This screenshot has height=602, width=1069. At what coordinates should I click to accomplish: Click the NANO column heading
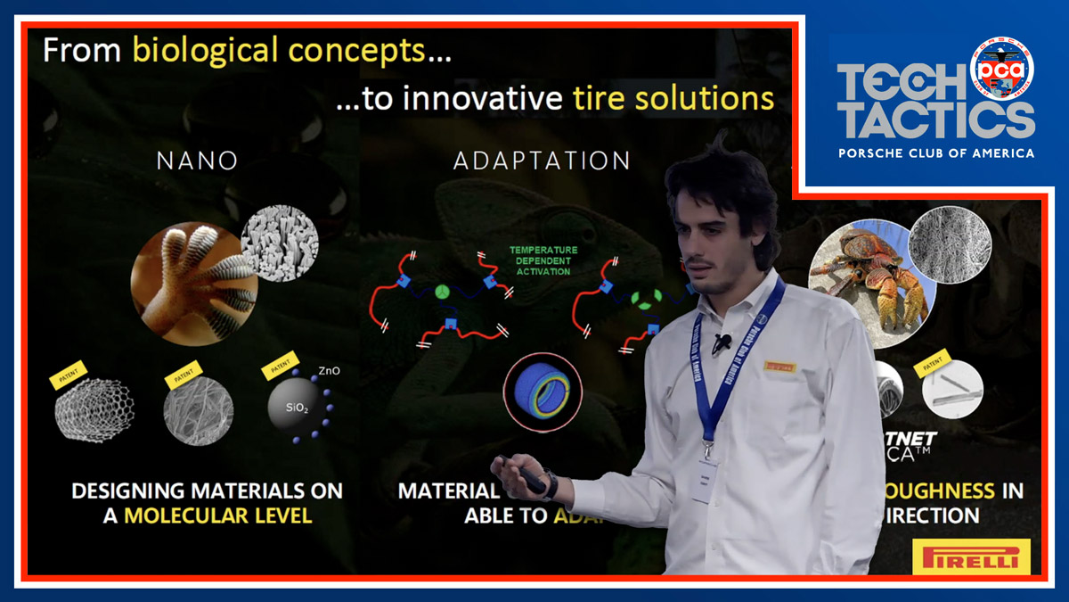197,161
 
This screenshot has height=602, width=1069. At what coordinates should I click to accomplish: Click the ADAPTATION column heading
542,161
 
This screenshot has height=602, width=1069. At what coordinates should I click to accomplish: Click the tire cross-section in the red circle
543,392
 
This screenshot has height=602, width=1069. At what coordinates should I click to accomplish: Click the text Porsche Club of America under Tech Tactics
936,153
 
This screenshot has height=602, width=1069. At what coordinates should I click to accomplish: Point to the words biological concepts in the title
279,50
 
